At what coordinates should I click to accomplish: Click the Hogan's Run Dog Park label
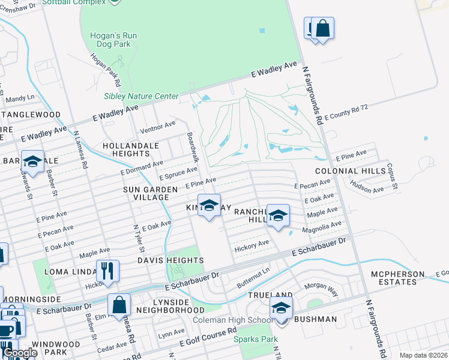click(113, 40)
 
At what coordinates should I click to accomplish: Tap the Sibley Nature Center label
click(141, 96)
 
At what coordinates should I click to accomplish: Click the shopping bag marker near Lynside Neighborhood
click(119, 305)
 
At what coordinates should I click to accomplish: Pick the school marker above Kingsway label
click(209, 205)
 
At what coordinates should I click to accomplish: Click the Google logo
click(19, 353)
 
